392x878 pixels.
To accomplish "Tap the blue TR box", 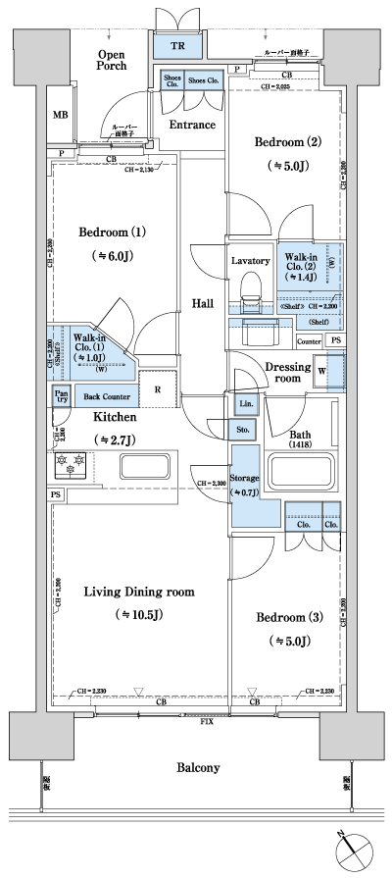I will point(177,45).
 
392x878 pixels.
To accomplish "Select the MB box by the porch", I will point(61,115).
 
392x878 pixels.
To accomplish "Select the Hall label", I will point(203,303).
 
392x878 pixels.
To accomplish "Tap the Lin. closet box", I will point(243,404).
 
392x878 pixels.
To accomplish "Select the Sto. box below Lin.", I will point(243,429).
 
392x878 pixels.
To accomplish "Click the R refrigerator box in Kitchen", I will point(158,388).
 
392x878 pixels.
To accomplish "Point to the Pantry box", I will point(60,394).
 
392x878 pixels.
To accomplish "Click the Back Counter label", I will point(107,396).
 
